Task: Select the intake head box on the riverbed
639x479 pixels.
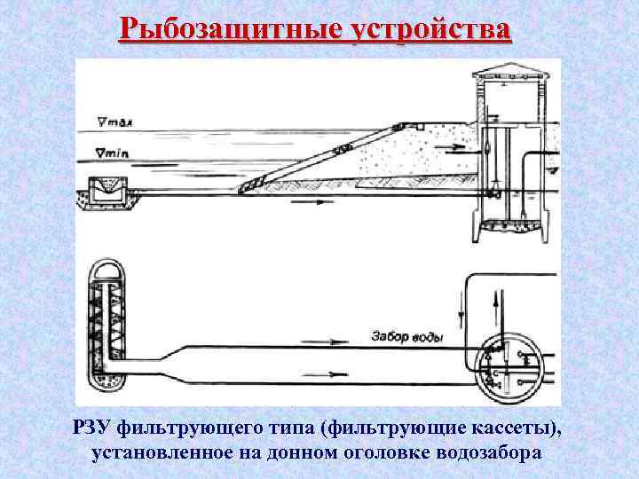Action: tap(109, 191)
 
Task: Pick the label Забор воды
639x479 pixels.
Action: tap(407, 336)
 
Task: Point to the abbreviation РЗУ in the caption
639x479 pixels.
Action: tap(93, 429)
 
